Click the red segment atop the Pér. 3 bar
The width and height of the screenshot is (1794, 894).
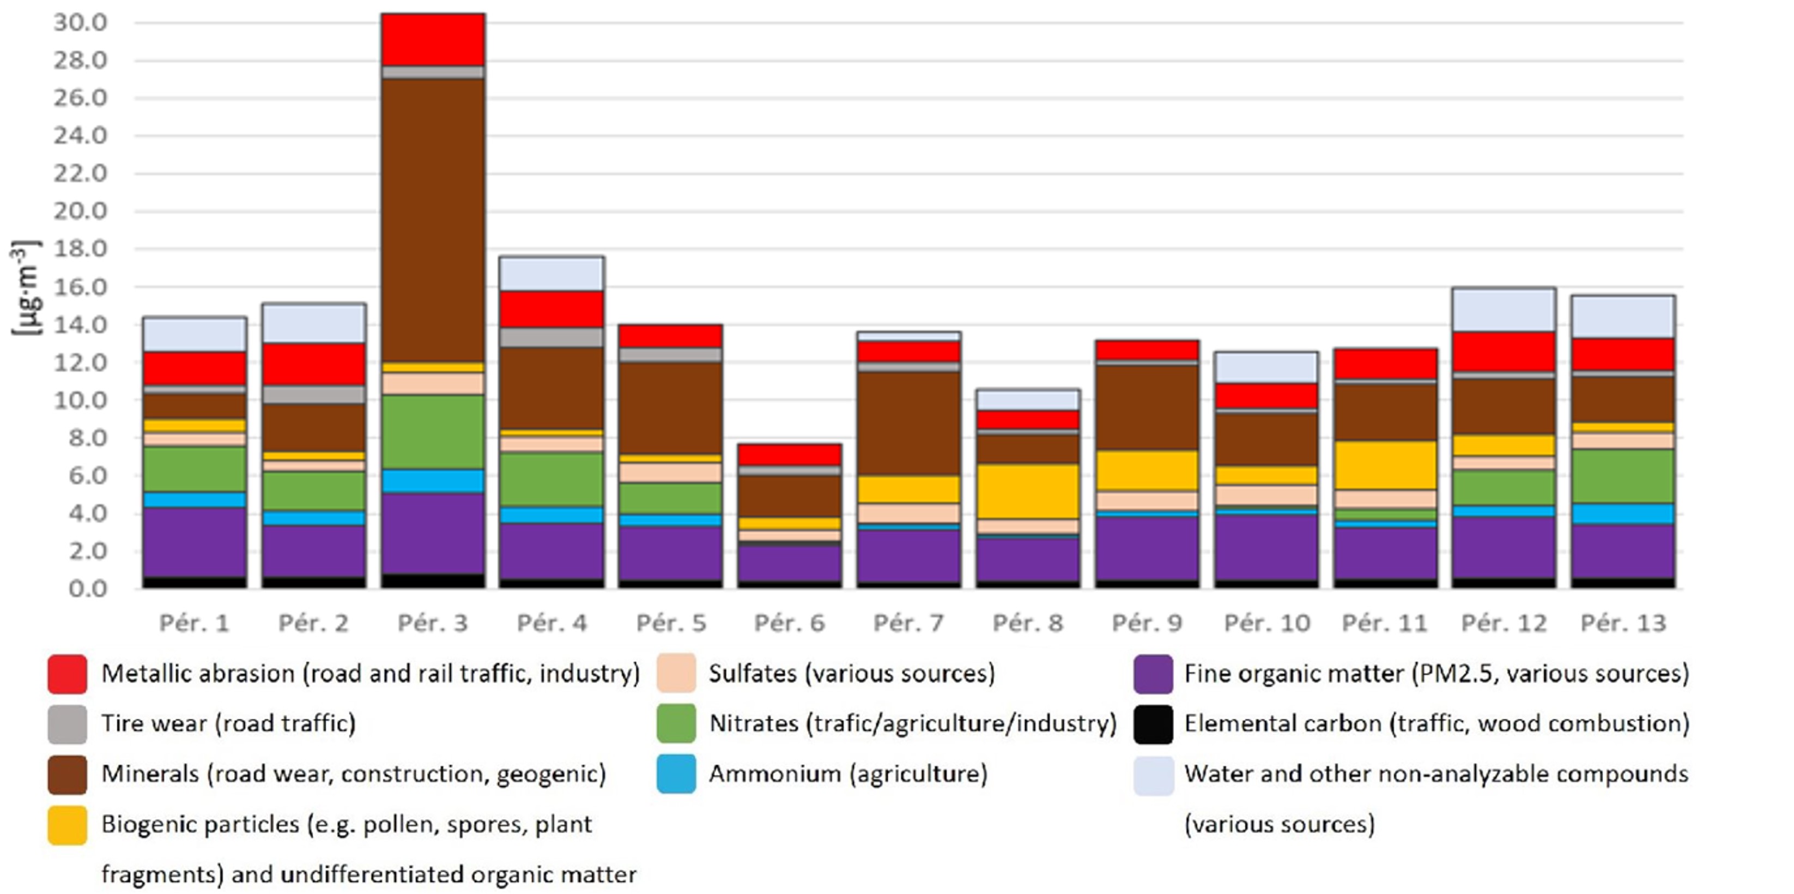coord(433,40)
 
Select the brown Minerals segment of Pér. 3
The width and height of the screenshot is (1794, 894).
coord(433,220)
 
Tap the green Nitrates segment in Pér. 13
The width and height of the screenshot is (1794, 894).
coord(1623,476)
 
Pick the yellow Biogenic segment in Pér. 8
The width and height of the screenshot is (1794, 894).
coord(1027,491)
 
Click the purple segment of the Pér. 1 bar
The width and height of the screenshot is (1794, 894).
coord(195,542)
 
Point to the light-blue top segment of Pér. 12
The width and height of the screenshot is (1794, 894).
coord(1504,310)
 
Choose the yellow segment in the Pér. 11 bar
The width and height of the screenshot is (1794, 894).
coord(1385,465)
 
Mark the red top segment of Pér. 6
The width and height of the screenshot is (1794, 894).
coord(789,454)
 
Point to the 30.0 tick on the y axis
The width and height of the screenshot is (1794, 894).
coord(80,22)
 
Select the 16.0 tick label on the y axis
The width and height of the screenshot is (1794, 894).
coord(80,286)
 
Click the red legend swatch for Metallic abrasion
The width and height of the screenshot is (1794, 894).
coord(68,674)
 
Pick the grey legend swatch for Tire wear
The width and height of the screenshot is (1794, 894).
coord(68,724)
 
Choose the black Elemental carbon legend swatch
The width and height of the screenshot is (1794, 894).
coord(1153,724)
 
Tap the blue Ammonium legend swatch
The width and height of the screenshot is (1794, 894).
coord(676,774)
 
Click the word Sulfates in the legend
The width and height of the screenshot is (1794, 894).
coord(752,674)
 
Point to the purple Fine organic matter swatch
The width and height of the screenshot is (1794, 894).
coord(1153,674)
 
